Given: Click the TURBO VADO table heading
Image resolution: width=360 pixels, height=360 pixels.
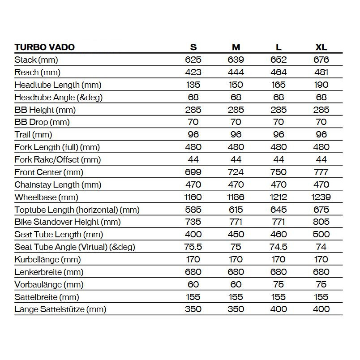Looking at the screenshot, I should (44, 47).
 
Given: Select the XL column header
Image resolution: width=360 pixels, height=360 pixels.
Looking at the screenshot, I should (321, 47).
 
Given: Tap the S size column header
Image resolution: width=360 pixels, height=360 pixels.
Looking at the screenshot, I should (193, 47).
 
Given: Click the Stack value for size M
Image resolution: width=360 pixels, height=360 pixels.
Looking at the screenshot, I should (236, 60).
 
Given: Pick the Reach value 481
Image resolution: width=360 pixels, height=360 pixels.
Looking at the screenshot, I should (321, 72).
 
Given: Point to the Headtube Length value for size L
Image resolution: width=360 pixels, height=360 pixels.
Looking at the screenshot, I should (279, 85).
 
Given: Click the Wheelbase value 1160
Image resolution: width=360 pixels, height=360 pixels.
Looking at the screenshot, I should (193, 197).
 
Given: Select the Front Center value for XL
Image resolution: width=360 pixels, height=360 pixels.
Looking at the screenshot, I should (321, 172).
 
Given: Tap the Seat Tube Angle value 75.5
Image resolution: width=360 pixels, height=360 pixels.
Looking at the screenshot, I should (193, 247).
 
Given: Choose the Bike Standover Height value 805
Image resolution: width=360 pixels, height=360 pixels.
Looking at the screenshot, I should (321, 222).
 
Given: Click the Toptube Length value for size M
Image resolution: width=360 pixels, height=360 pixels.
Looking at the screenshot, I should (236, 209).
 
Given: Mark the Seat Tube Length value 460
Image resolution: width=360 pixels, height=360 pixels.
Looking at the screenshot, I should (279, 234).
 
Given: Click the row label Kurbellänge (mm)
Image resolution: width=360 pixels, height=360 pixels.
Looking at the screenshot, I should (47, 259).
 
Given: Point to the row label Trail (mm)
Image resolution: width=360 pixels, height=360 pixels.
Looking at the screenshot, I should (33, 134).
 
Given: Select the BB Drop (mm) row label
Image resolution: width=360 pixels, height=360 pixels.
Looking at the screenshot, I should (42, 122).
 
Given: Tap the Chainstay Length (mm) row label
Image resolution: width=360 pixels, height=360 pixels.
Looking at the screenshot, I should (58, 184).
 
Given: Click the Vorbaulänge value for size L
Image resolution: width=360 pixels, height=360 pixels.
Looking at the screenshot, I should (279, 284).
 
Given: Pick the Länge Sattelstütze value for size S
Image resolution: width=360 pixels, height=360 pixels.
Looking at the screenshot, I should (193, 309).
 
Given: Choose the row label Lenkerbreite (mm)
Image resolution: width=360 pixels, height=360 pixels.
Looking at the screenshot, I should (49, 272).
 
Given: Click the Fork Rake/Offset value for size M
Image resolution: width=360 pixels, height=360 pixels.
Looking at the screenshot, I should (236, 159).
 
